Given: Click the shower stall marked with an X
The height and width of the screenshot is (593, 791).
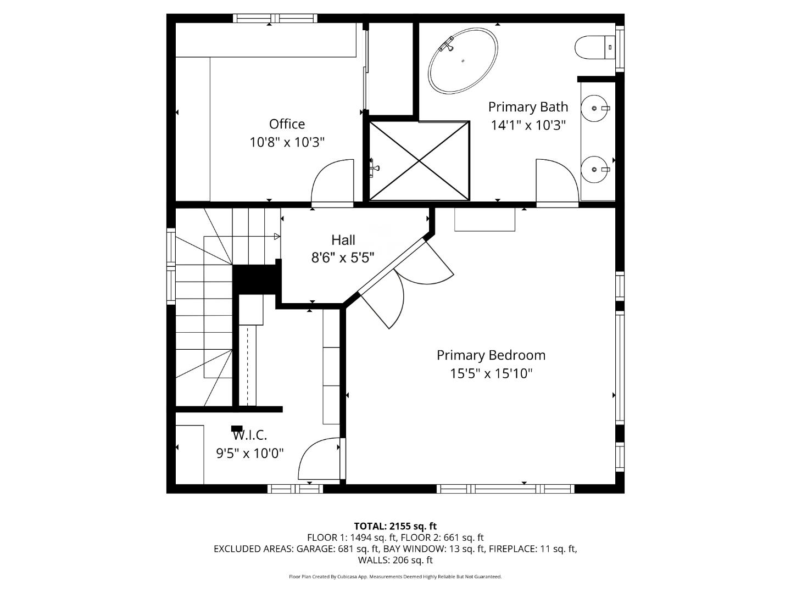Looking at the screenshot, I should pyautogui.click(x=419, y=161).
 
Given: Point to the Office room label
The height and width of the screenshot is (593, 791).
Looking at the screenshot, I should pyautogui.click(x=287, y=124).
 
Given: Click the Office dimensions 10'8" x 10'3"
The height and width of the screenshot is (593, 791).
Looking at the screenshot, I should pyautogui.click(x=287, y=142).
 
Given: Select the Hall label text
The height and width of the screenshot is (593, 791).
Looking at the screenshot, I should pyautogui.click(x=343, y=240).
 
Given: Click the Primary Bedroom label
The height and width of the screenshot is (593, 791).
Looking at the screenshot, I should pyautogui.click(x=491, y=355).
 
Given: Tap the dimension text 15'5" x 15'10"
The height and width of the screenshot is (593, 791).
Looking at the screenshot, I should pyautogui.click(x=491, y=374).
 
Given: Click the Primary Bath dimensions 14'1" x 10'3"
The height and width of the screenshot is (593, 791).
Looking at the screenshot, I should pyautogui.click(x=527, y=125).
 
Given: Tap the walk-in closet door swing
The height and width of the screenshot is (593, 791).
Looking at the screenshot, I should pyautogui.click(x=319, y=459).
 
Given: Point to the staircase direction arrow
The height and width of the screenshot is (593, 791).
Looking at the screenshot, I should pyautogui.click(x=276, y=237).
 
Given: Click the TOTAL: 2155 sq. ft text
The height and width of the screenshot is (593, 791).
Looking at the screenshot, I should pyautogui.click(x=395, y=526).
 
